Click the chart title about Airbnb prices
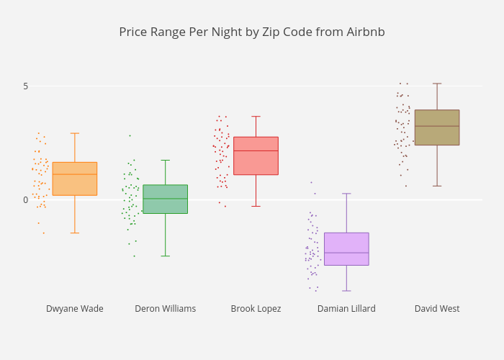pos(252,32)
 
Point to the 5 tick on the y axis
pos(25,86)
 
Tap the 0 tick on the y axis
pos(25,200)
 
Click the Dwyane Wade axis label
pos(75,309)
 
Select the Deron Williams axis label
pos(165,309)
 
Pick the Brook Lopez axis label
pos(256,309)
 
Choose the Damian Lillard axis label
pos(346,309)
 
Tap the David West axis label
pos(437,309)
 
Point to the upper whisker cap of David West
pos(437,84)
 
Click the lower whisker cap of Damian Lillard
pos(346,291)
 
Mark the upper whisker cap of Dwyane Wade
pos(75,133)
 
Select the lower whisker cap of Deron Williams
pos(165,256)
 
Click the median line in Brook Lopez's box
pos(256,150)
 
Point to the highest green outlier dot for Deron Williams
pos(130,135)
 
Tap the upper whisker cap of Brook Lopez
pos(256,117)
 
